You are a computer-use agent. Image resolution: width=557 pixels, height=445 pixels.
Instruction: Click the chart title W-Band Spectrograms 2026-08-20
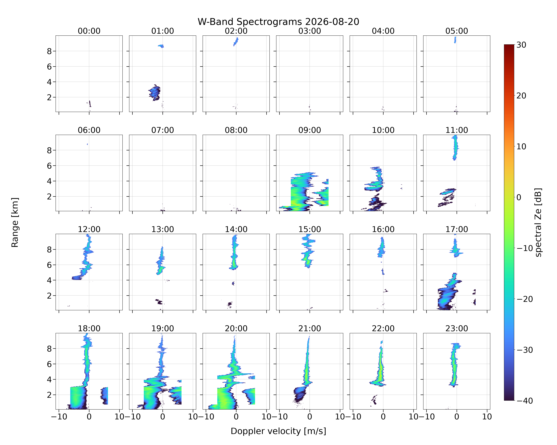click(x=278, y=22)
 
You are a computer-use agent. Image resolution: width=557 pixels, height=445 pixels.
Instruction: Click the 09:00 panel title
click(x=310, y=130)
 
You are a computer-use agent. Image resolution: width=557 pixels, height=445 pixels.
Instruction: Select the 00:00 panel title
click(x=89, y=31)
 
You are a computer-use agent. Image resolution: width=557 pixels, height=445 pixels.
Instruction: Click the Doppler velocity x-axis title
click(x=278, y=431)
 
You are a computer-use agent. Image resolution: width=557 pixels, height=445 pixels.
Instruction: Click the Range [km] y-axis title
click(x=15, y=222)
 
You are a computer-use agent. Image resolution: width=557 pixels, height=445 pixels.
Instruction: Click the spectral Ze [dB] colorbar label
click(x=538, y=222)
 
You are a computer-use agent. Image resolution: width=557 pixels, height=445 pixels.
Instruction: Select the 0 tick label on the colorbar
click(x=519, y=197)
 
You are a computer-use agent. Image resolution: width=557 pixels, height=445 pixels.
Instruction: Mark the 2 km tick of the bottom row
click(x=49, y=395)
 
